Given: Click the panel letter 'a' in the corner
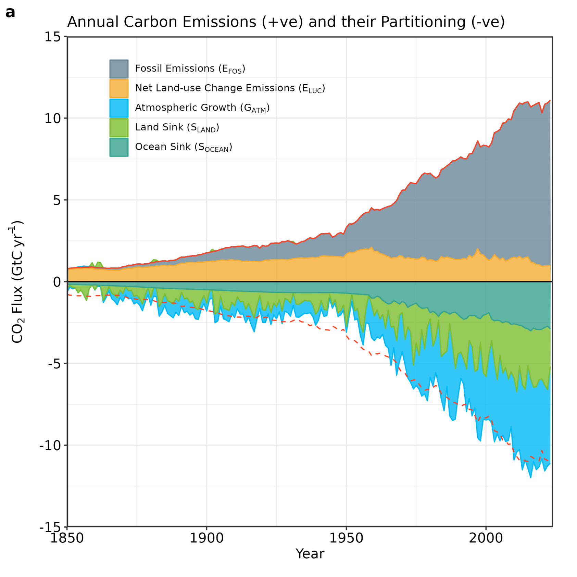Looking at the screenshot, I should tap(10, 13).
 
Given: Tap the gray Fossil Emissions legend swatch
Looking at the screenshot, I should tap(119, 69).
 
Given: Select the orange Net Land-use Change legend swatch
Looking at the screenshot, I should tap(119, 88).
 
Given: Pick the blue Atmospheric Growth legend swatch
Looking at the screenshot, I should tap(119, 108).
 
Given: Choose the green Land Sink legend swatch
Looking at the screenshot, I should tap(119, 127).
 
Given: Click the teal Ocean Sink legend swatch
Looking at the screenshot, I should tap(119, 147).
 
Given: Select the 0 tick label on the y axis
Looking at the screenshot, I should tap(57, 282).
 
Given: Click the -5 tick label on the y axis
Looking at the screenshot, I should tap(54, 364).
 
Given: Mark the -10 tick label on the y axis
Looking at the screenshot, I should tap(50, 446).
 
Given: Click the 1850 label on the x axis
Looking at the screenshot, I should tap(67, 538).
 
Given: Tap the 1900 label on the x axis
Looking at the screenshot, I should tap(206, 538).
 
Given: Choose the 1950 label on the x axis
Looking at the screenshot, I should tap(346, 538).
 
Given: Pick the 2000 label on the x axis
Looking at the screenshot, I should tap(486, 538).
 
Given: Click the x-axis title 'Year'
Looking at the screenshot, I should tap(310, 554).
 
